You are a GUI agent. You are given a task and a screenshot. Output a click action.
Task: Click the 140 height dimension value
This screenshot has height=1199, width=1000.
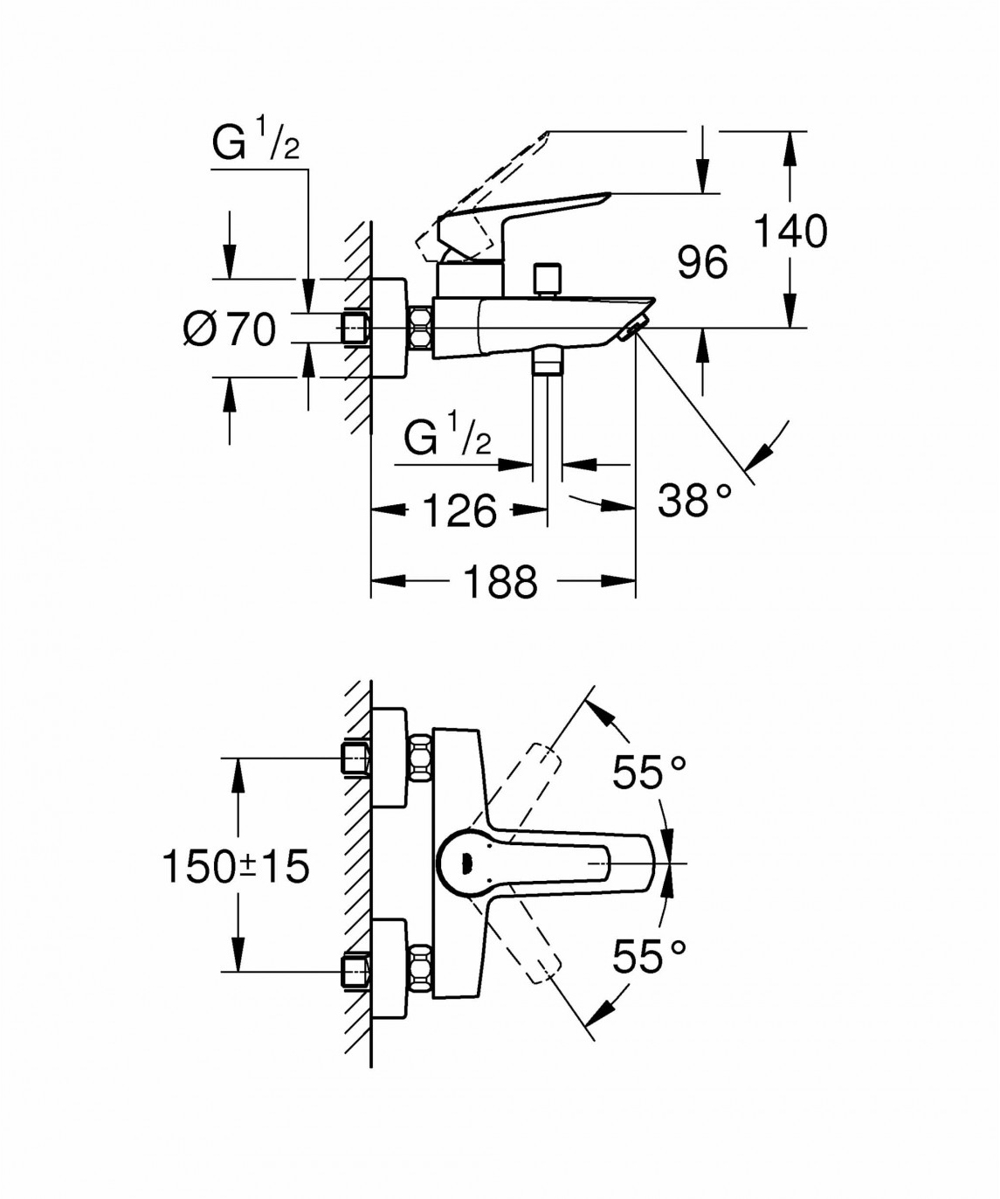point(790,232)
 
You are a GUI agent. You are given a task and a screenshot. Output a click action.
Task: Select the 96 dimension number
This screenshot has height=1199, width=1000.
point(702,262)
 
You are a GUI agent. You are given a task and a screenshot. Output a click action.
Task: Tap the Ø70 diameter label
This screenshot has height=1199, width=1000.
point(230,329)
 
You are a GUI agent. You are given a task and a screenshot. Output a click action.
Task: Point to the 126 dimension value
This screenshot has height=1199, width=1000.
point(459,510)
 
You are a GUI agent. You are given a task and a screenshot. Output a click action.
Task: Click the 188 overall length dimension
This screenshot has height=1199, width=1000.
point(500,582)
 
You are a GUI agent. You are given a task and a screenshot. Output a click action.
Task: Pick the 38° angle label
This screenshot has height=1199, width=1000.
point(694,501)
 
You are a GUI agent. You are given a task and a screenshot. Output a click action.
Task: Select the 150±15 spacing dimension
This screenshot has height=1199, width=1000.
point(236,867)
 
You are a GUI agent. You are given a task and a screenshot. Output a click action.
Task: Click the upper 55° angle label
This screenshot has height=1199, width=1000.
point(649,773)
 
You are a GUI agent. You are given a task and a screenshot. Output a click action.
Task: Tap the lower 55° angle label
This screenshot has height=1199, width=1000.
point(649,956)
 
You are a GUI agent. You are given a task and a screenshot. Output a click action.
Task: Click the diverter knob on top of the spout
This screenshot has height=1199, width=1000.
point(548,279)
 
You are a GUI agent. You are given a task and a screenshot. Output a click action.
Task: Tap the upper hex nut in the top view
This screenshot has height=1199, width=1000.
point(420,756)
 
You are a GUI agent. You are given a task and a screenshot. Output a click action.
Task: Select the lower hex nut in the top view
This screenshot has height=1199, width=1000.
point(420,969)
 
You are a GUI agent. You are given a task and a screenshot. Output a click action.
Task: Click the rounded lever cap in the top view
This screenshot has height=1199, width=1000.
point(463,863)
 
